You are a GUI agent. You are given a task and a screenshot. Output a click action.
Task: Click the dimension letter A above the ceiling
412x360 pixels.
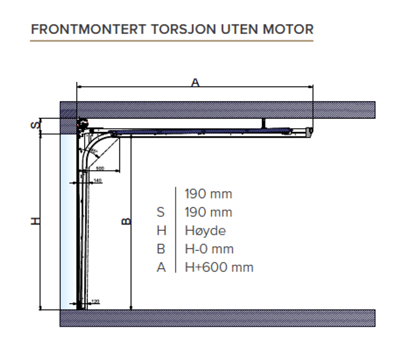pyautogui.click(x=195, y=82)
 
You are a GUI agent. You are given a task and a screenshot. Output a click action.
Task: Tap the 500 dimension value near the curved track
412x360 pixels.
pyautogui.click(x=100, y=168)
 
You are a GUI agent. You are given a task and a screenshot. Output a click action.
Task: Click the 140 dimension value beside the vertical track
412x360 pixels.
pyautogui.click(x=98, y=180)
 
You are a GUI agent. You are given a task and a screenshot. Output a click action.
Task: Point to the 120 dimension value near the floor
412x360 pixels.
pyautogui.click(x=95, y=301)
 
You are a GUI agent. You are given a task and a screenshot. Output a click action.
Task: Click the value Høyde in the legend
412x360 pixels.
pyautogui.click(x=205, y=231)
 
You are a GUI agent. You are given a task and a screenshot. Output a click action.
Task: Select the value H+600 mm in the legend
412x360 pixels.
pyautogui.click(x=219, y=267)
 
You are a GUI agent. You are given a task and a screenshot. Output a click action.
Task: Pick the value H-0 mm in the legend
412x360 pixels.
pyautogui.click(x=209, y=249)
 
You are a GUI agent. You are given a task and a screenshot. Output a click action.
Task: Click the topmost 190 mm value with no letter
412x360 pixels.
pyautogui.click(x=208, y=194)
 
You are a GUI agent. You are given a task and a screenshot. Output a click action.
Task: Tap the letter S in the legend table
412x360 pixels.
pyautogui.click(x=161, y=212)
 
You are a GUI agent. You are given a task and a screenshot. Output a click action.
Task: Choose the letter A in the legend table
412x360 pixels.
pyautogui.click(x=161, y=267)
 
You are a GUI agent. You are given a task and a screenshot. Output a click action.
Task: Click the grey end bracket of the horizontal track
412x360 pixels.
pyautogui.click(x=309, y=132)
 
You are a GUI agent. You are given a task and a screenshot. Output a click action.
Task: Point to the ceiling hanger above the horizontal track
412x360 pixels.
pyautogui.click(x=263, y=124)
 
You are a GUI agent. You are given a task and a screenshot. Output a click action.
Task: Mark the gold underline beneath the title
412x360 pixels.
pyautogui.click(x=171, y=40)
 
